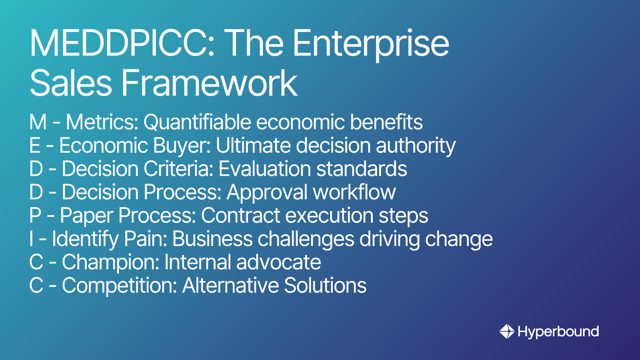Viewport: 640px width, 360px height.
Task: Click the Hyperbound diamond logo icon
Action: (x=507, y=331)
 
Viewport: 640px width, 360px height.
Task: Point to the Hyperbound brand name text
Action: (x=558, y=332)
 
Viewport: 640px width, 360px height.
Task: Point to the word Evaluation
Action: (x=265, y=169)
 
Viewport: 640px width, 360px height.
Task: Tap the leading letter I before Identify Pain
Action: (x=31, y=239)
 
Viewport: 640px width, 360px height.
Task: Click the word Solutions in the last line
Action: (x=325, y=285)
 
